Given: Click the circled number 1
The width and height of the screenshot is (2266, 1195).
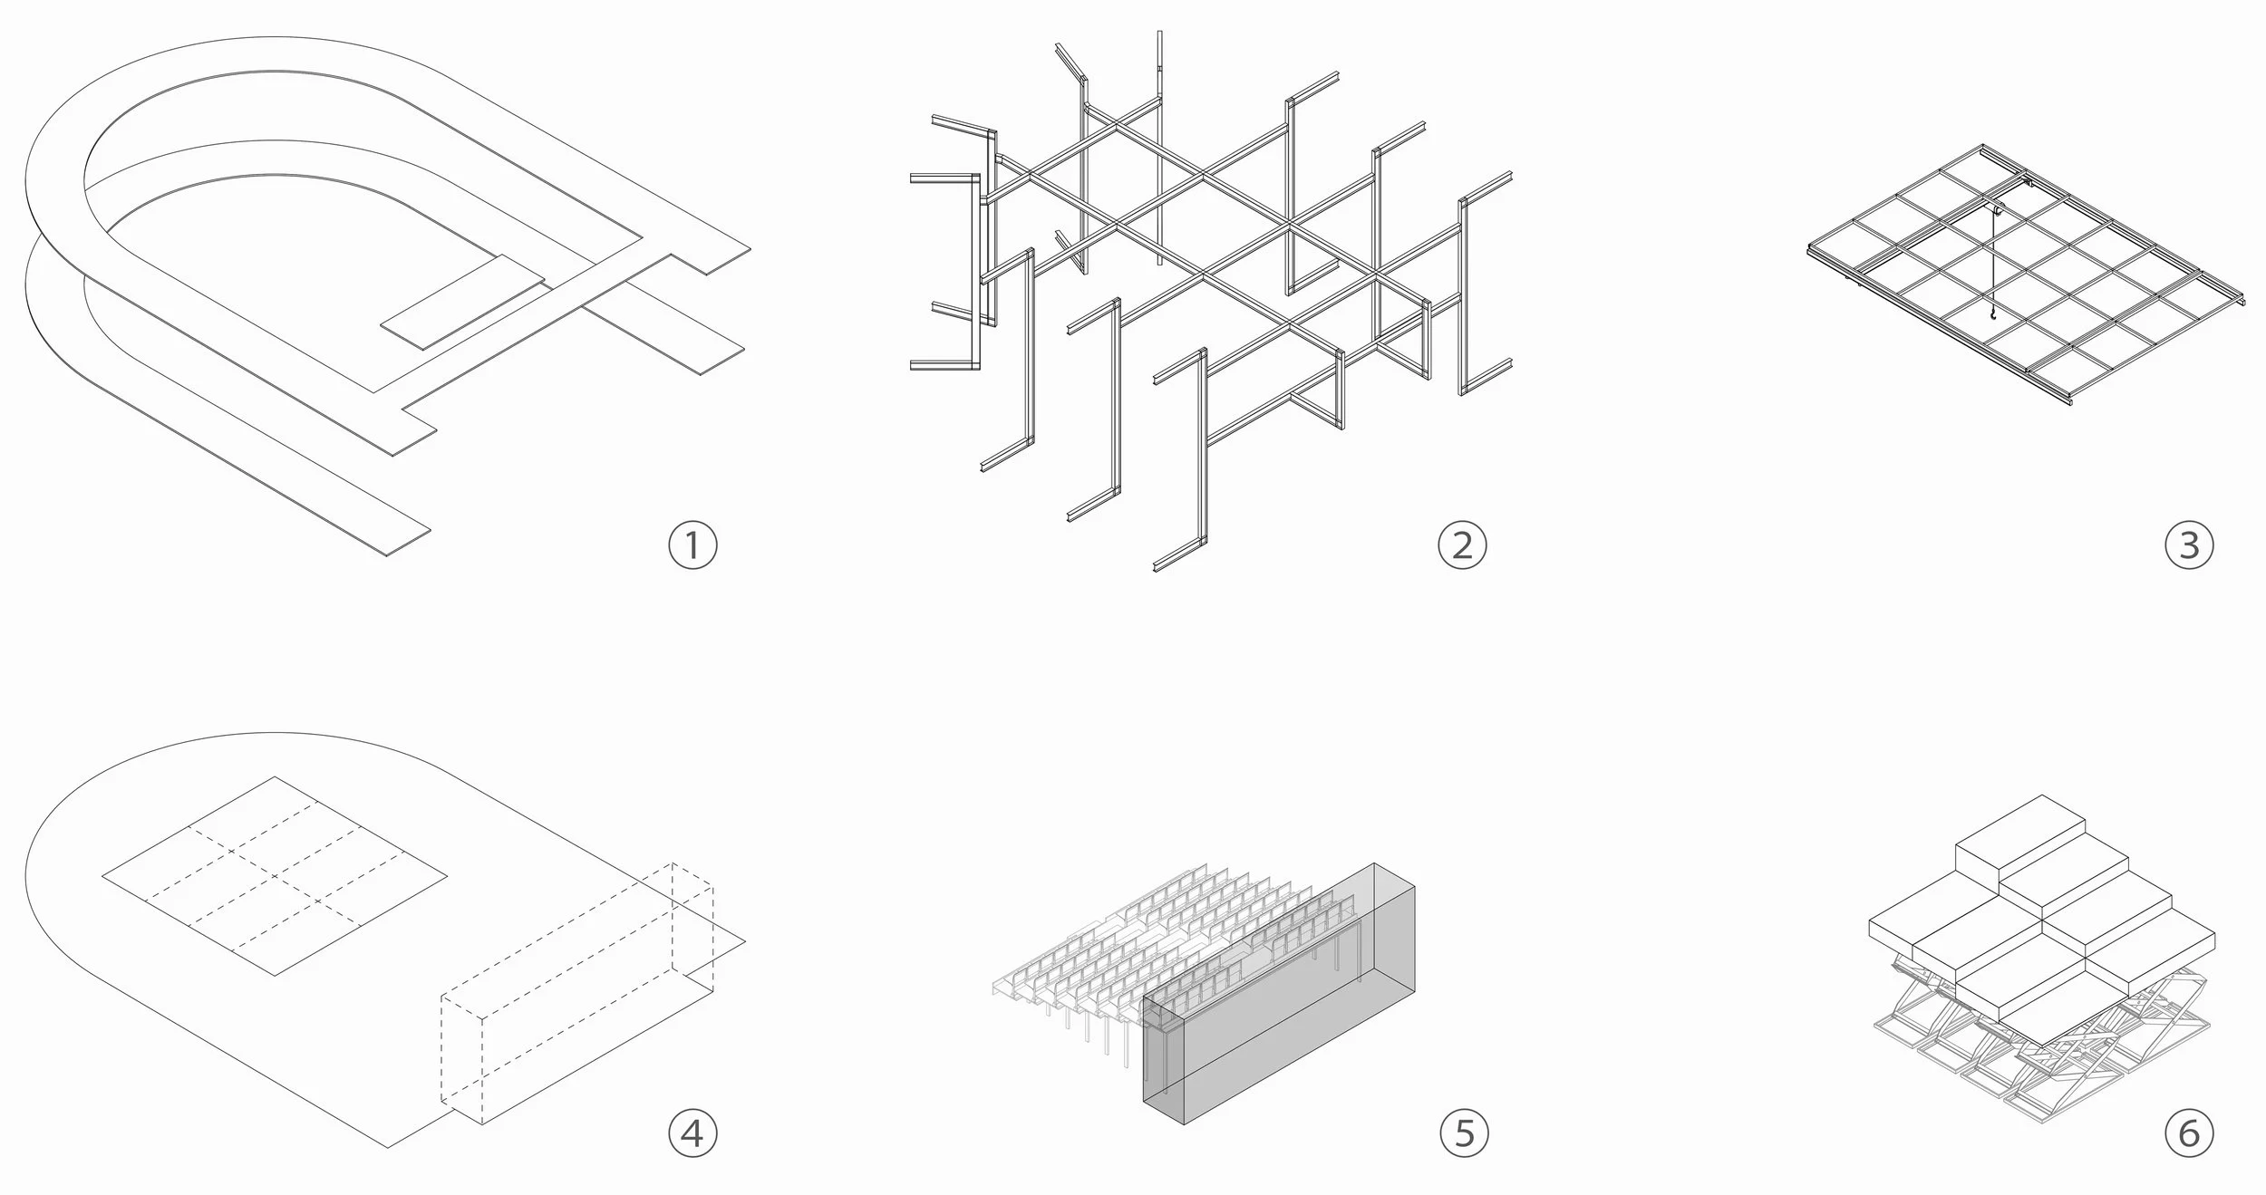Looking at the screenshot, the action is (692, 545).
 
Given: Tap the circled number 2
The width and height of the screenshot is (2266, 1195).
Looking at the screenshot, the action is (1462, 545).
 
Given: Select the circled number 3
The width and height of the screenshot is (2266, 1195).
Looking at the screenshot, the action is (2188, 545).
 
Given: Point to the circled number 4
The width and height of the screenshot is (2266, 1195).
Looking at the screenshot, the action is (692, 1132).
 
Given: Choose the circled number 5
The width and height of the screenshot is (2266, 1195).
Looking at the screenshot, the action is (1464, 1132).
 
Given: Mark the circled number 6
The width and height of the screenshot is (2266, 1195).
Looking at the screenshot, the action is (2188, 1132).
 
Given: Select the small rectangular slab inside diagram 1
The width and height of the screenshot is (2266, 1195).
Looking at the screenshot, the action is (462, 302).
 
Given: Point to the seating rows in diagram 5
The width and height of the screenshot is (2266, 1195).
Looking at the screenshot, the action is (1178, 951).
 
